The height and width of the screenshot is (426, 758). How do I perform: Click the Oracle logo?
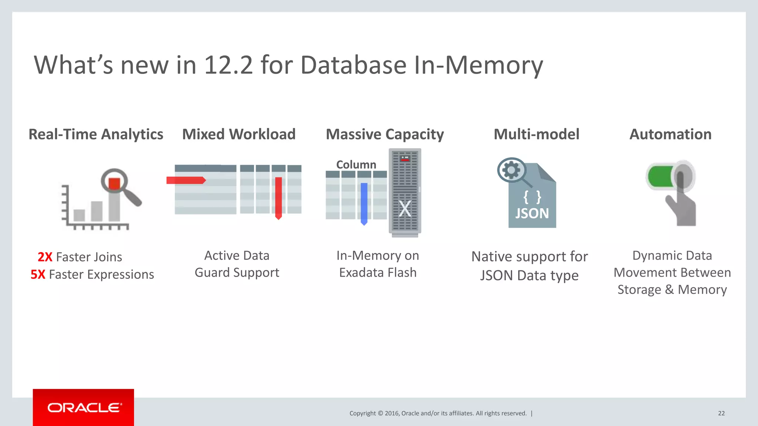[84, 408]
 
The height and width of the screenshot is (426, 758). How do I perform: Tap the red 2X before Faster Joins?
[45, 257]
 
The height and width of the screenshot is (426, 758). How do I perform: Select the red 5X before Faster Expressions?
[38, 274]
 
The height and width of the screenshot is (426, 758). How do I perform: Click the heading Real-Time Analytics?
[96, 134]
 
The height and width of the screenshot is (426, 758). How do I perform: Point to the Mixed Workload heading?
[239, 134]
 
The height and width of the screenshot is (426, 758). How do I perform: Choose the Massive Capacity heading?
[385, 134]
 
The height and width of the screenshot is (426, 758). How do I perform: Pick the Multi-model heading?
[536, 134]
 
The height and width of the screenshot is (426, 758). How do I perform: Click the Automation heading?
[670, 134]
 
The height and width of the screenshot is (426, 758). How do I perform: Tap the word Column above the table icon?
[356, 165]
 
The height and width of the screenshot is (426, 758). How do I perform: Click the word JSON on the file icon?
[532, 214]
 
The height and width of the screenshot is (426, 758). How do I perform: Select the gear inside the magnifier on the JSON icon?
[511, 170]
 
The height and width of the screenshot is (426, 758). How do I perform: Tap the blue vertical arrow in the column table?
[364, 203]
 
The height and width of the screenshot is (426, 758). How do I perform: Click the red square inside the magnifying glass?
[114, 183]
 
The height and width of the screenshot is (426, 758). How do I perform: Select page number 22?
[721, 413]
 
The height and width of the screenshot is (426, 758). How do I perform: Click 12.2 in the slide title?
[228, 65]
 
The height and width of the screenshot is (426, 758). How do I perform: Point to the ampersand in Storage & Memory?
[669, 290]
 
